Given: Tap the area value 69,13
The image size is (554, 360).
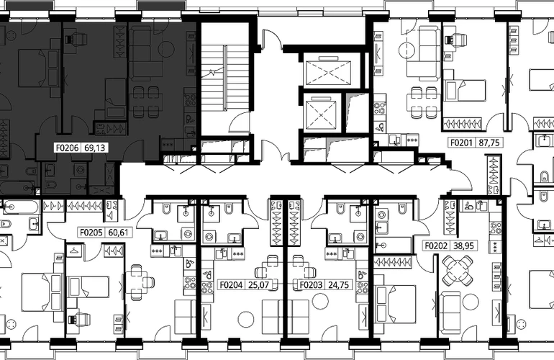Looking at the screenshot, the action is (x=95, y=148).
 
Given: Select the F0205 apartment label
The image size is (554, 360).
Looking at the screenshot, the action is (x=91, y=233).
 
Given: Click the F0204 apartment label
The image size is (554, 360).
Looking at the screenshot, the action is (x=232, y=284).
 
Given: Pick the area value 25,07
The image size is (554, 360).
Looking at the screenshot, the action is (x=259, y=284).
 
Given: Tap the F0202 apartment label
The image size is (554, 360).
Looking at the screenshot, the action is (x=436, y=246).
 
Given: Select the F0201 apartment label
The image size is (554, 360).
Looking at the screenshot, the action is (x=461, y=143).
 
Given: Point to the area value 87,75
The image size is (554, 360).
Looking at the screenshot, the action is (x=489, y=143).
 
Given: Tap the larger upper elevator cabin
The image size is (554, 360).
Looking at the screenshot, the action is (x=329, y=72).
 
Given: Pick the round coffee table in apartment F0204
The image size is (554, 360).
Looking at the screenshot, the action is (x=246, y=319).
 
